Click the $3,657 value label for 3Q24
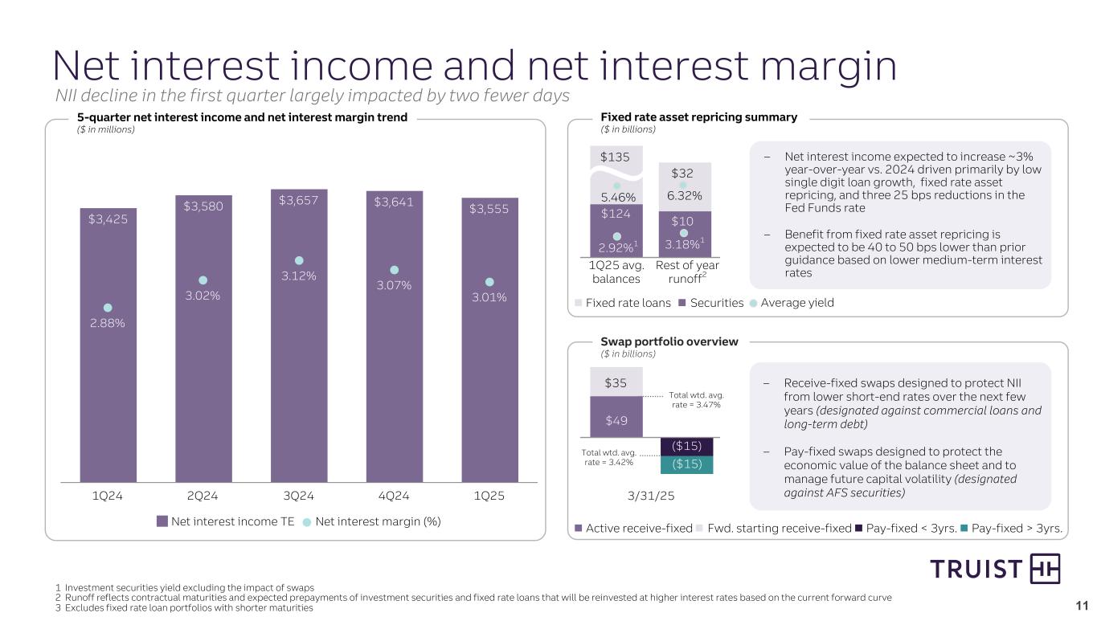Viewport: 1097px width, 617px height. pos(298,200)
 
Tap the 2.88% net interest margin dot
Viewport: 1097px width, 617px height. pos(108,307)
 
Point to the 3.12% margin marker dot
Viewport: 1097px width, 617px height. pos(298,260)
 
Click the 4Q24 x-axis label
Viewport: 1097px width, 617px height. pos(394,496)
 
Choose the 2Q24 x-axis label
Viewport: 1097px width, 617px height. pos(203,496)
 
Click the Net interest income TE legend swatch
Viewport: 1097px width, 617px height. pos(162,521)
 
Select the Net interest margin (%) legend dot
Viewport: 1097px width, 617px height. pos(306,521)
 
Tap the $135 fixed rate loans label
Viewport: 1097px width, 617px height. pos(616,156)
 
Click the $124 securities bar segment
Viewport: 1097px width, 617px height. pos(616,215)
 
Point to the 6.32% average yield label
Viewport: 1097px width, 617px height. pos(683,195)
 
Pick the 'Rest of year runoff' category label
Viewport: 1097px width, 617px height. pos(687,272)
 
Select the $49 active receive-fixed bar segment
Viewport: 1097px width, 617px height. pos(616,418)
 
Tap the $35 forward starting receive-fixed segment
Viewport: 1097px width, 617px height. pos(616,382)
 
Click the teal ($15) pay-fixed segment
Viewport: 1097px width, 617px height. pos(686,464)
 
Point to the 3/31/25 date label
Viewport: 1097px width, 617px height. pos(651,496)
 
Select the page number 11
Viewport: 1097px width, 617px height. pos(1081,605)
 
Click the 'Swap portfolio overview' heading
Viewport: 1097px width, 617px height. pos(669,342)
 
